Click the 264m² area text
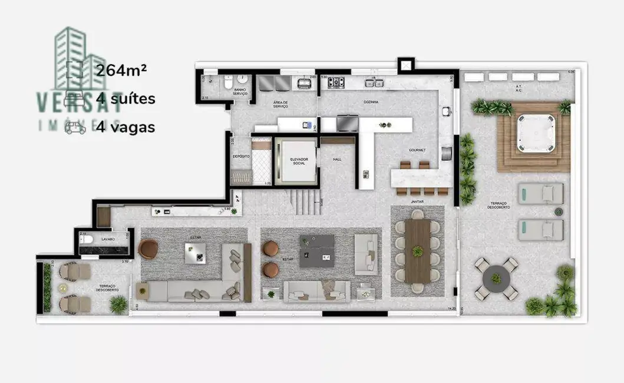(x=121, y=71)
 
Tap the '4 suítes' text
(x=126, y=99)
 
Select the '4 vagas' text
(x=126, y=127)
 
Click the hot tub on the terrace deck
(x=533, y=134)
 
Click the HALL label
(x=336, y=159)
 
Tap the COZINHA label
(x=371, y=103)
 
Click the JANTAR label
(x=417, y=202)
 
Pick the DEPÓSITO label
(x=240, y=156)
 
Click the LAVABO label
(x=107, y=239)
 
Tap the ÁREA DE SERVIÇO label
(x=280, y=104)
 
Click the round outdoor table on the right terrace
(x=496, y=276)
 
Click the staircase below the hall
(x=305, y=202)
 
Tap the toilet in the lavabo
(x=85, y=239)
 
